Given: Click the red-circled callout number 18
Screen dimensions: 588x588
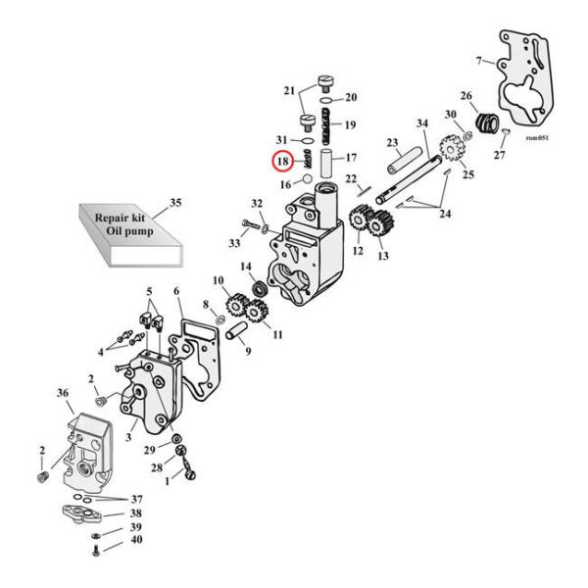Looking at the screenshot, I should [x=281, y=161].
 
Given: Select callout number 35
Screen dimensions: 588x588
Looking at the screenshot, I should [x=175, y=203].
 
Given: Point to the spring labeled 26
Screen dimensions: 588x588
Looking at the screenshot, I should [x=484, y=126].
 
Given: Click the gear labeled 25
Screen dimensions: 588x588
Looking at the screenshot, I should [x=453, y=150].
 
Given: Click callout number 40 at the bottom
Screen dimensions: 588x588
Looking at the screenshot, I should [x=135, y=540].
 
